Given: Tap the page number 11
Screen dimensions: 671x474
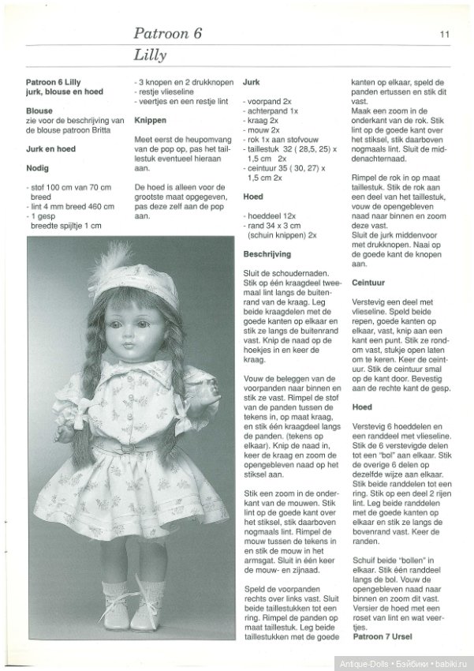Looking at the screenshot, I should point(445,34).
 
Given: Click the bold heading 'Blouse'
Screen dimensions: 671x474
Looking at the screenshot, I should point(39,111).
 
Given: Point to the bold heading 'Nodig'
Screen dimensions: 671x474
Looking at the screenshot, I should point(38,167).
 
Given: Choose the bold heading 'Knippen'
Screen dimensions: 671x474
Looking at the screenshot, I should point(151,121).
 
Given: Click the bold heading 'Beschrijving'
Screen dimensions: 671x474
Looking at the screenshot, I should point(267,254).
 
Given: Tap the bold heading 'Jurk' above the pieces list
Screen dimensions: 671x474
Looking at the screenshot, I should point(252,81).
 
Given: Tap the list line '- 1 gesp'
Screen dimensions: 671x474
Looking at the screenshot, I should point(47,214).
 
